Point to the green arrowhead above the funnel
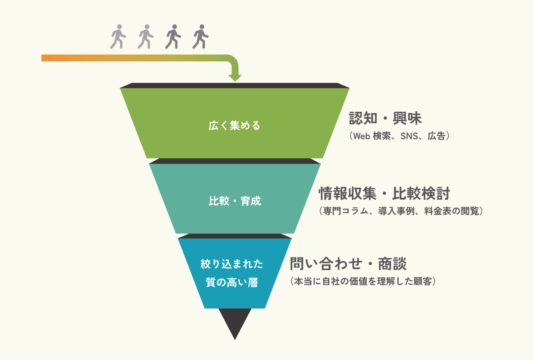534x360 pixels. point(235,77)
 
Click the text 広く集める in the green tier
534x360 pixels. point(235,126)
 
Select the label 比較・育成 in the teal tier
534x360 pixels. point(235,201)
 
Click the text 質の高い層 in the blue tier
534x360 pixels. point(232,282)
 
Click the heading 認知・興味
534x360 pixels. point(385,119)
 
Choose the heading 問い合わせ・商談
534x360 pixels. point(348,264)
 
